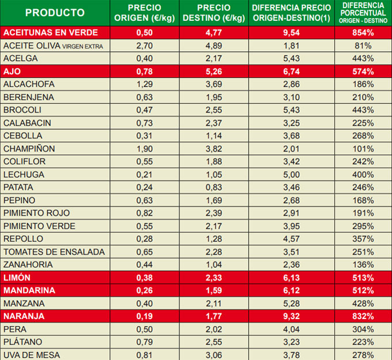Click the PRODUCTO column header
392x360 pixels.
point(55,13)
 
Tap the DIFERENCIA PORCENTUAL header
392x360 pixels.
point(363,13)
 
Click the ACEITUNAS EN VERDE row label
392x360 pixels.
point(50,32)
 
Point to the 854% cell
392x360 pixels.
point(363,32)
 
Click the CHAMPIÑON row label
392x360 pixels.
point(29,149)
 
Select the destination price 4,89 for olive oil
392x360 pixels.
point(213,46)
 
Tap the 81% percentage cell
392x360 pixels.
point(363,46)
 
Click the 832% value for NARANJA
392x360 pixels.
point(363,316)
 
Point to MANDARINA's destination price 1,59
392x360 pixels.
point(213,290)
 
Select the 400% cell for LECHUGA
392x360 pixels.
point(363,175)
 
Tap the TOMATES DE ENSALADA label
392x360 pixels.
point(54,252)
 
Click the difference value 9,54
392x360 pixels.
point(291,32)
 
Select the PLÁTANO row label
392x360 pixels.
point(22,342)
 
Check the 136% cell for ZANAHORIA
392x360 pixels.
point(363,264)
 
